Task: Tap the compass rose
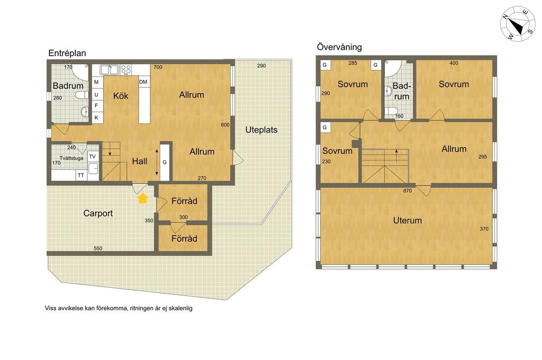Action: [518, 24]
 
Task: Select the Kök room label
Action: [121, 96]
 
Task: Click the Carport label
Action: [98, 213]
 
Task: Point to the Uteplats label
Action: [261, 130]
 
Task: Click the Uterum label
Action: [407, 220]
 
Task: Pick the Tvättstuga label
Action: [71, 158]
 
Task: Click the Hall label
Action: [140, 161]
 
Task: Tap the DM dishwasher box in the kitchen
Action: [143, 82]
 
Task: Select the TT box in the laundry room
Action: [81, 175]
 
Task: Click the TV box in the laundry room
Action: [92, 157]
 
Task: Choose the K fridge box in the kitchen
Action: [96, 118]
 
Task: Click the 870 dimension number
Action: [407, 191]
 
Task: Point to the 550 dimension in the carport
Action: [98, 248]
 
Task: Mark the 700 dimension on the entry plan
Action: [158, 67]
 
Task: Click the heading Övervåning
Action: [339, 47]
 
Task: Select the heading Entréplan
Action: [67, 53]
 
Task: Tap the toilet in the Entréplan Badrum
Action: [82, 95]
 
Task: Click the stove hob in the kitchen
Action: [126, 70]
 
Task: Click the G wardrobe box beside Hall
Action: [165, 162]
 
